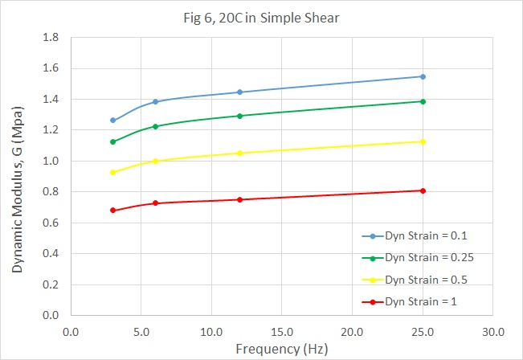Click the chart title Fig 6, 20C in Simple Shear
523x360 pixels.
click(x=261, y=18)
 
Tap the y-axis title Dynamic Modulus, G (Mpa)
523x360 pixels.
click(x=17, y=175)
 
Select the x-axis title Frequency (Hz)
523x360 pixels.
click(x=281, y=350)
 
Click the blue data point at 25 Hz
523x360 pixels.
click(x=423, y=76)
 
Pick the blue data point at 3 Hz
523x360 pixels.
click(x=112, y=121)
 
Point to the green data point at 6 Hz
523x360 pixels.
click(x=155, y=126)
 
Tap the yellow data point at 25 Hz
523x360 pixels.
click(x=423, y=141)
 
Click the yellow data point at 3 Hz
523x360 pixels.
click(x=112, y=172)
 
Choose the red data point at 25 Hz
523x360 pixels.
click(x=423, y=190)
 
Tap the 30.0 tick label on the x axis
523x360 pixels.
click(x=492, y=331)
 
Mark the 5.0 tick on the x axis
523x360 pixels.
click(x=141, y=331)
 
